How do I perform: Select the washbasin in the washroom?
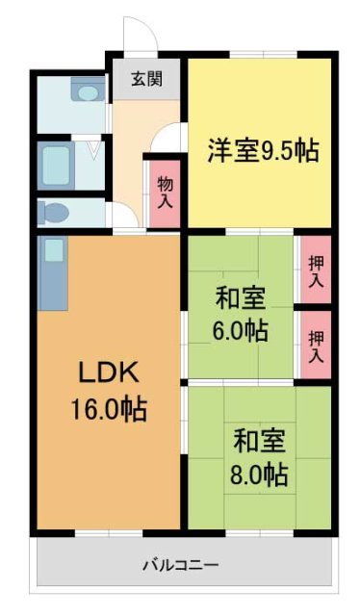tap(89, 93)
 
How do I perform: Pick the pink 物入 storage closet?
tap(165, 192)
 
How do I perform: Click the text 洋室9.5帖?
tap(262, 151)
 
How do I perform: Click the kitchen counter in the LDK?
tap(52, 274)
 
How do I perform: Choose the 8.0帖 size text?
tap(260, 474)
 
